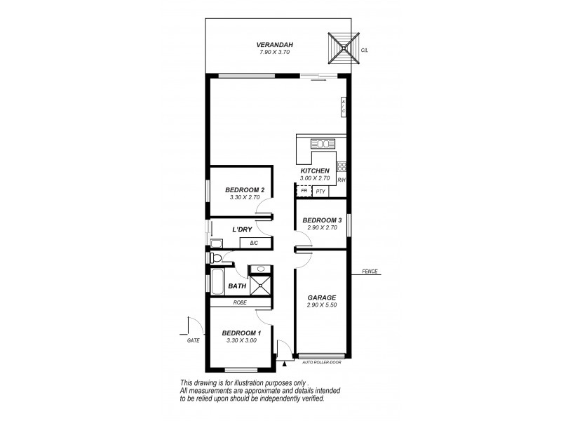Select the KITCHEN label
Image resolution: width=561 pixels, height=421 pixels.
click(315, 171)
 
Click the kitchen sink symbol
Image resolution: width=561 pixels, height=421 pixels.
click(323, 144)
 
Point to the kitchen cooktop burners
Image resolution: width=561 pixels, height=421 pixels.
click(342, 167)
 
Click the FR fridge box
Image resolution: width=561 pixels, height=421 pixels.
click(304, 191)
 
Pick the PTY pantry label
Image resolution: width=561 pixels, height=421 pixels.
click(320, 191)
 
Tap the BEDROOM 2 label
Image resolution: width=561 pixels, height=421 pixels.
click(245, 190)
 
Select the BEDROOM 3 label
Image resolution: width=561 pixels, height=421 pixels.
click(322, 220)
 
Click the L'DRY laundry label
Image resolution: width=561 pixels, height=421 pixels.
click(243, 229)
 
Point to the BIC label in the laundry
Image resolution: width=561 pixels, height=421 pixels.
click(255, 243)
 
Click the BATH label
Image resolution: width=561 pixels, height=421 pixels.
click(236, 286)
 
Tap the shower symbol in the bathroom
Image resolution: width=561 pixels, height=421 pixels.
click(261, 285)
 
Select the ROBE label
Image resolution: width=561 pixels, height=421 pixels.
click(241, 302)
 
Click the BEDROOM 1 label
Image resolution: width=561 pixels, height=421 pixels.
click(241, 333)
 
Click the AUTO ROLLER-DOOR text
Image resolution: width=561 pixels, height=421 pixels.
click(321, 363)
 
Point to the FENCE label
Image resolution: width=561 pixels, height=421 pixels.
click(370, 272)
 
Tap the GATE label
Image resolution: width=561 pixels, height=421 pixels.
click(194, 340)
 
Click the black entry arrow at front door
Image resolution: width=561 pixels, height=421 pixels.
click(285, 364)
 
